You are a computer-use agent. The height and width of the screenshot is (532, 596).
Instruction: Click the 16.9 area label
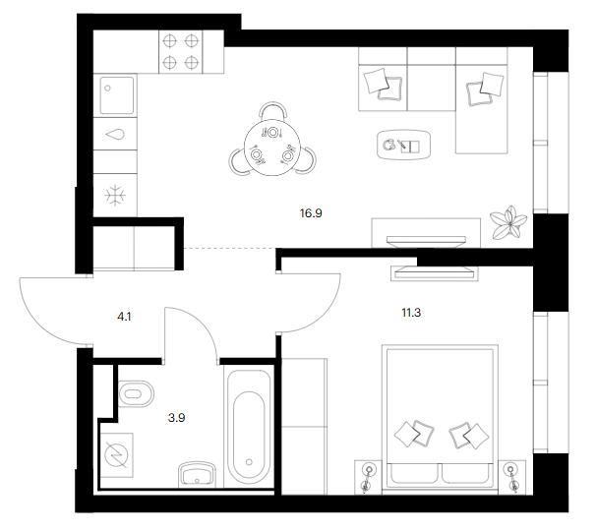(x=311, y=213)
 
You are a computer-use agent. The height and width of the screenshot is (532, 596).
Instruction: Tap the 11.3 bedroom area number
(x=411, y=313)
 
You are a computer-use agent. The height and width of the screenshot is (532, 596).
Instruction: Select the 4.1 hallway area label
(x=124, y=317)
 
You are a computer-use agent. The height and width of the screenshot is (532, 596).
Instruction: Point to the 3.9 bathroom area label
(x=176, y=418)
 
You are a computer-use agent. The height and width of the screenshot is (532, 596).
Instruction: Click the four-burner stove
(x=181, y=52)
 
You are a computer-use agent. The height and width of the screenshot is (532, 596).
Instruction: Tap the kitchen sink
(x=117, y=95)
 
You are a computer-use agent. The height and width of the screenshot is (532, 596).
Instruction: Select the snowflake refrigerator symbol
(x=115, y=196)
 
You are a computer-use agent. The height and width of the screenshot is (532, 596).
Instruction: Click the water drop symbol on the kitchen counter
(x=115, y=134)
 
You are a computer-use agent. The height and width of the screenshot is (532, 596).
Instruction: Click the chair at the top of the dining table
(x=272, y=110)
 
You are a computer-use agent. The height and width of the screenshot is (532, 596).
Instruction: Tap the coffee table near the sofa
(x=403, y=145)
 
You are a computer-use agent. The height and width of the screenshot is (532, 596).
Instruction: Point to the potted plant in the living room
(x=508, y=223)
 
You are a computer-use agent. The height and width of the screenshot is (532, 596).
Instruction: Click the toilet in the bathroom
(x=136, y=393)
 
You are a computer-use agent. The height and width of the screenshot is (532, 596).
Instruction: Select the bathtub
(x=249, y=429)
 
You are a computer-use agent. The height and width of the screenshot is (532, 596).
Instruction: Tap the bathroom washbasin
(x=197, y=473)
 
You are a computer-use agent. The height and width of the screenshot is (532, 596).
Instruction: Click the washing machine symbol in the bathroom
(x=116, y=455)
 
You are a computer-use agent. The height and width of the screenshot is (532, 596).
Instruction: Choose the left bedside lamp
(x=368, y=477)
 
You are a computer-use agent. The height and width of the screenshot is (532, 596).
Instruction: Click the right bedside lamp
(x=512, y=477)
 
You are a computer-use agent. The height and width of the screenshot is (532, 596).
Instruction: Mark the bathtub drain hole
(x=249, y=462)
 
